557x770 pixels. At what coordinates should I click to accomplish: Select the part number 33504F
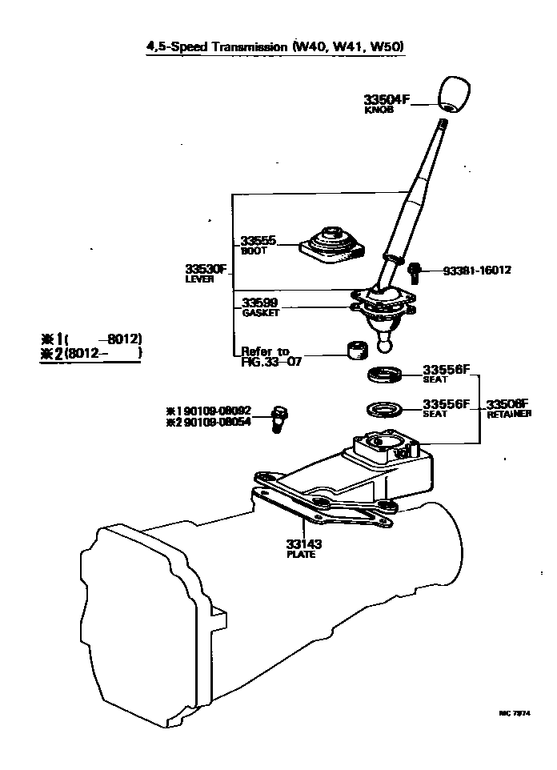[387, 100]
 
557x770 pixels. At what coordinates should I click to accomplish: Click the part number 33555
[259, 240]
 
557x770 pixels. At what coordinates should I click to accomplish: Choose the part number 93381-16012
[477, 271]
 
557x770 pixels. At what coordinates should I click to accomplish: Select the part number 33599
[260, 303]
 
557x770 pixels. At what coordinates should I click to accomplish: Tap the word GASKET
[260, 314]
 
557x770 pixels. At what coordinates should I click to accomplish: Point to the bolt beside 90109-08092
[278, 417]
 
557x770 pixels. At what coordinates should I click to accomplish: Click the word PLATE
[300, 554]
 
